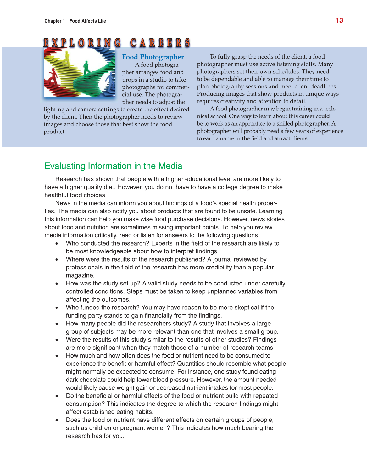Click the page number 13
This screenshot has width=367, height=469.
coord(339,20)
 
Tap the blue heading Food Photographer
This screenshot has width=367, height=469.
coord(153,57)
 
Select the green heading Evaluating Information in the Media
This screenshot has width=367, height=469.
coord(113,166)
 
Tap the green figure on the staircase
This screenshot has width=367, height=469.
coord(86,68)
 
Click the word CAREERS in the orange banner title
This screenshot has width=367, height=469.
coord(160,43)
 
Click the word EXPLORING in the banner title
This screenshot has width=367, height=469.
coord(82,43)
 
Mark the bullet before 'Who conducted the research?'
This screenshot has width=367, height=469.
coord(57,244)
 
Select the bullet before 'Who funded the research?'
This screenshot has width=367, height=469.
coord(57,308)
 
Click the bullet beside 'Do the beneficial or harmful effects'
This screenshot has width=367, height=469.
coord(57,396)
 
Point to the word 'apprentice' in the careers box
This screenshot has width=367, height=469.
coord(246,124)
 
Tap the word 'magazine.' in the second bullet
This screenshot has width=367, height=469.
coord(80,275)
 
